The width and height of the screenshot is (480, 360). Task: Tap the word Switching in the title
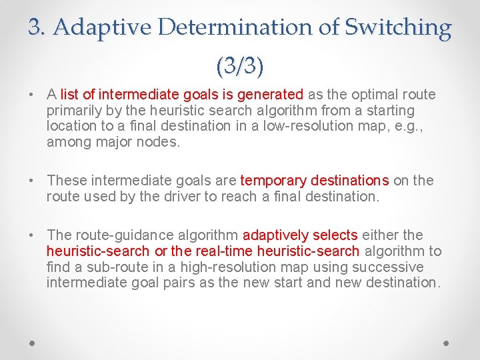[x=398, y=27]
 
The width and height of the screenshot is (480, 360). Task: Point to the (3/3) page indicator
[x=240, y=65]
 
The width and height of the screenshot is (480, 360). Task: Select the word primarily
[x=73, y=111]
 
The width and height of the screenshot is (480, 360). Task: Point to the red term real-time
[x=227, y=251]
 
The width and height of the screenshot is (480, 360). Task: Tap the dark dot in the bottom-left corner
[x=33, y=342]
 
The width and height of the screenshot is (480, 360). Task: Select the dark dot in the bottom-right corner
[x=447, y=342]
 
